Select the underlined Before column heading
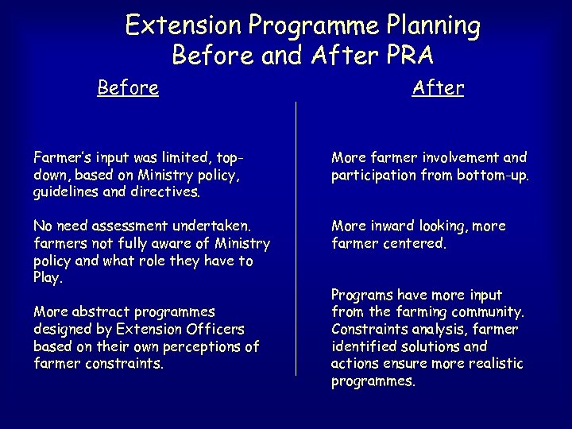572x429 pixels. click(x=127, y=87)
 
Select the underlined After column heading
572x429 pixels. click(x=438, y=87)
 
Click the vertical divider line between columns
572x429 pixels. click(x=296, y=238)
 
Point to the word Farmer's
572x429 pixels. click(x=62, y=157)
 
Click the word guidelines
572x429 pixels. click(x=68, y=191)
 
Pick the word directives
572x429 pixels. click(x=170, y=191)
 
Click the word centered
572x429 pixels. click(x=415, y=243)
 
